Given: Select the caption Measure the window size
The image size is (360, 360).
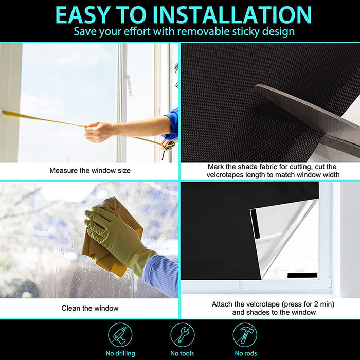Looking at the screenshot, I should [x=90, y=170].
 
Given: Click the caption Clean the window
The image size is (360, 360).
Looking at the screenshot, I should [x=90, y=308].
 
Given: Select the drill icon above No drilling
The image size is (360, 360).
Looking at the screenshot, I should [x=120, y=335].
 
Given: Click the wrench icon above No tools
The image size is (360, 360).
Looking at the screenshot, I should [x=183, y=335].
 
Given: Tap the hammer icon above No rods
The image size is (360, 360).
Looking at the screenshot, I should [x=245, y=335].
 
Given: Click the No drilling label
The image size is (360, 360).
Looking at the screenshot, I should [x=120, y=353].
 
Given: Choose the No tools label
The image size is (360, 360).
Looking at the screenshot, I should [x=183, y=353].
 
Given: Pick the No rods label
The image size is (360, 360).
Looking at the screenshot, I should [x=245, y=353].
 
